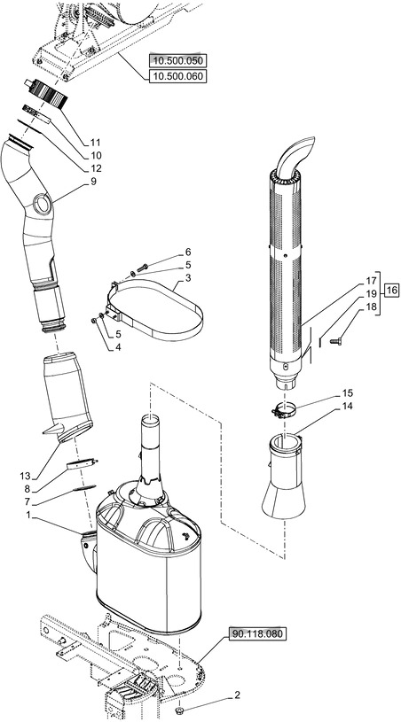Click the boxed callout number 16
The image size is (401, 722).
(x=392, y=290)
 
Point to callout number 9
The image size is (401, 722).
(x=93, y=182)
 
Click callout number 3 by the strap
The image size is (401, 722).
(x=188, y=277)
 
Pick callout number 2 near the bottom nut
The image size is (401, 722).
(x=236, y=695)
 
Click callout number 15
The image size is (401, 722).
(x=348, y=392)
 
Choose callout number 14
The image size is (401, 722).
(x=348, y=406)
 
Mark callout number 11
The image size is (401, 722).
(x=95, y=143)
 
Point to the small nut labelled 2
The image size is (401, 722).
(x=180, y=710)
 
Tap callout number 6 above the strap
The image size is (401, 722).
(x=188, y=252)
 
